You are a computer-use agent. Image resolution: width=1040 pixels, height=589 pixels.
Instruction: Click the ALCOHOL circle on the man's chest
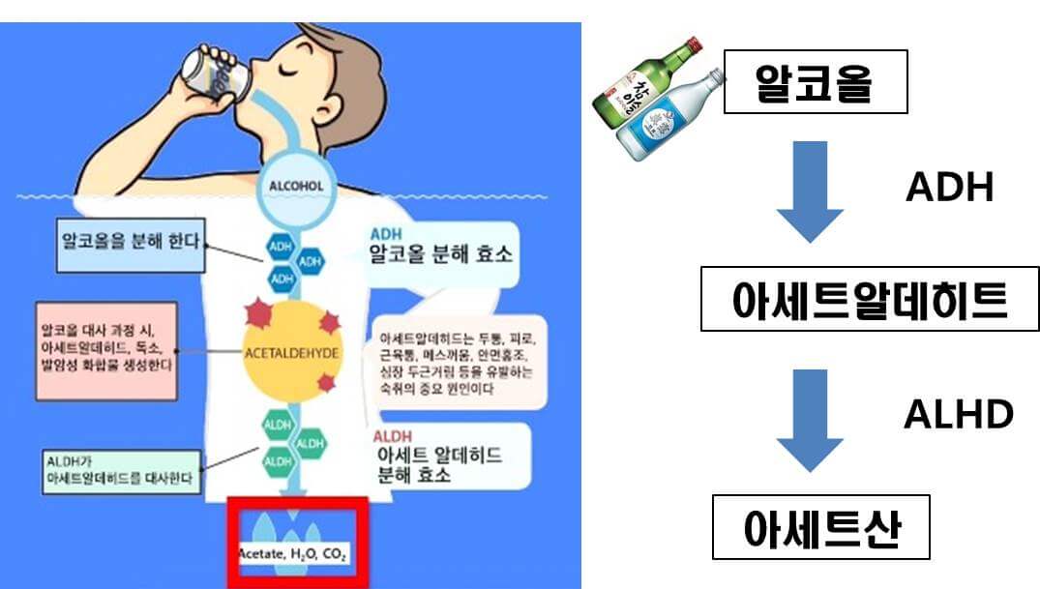[x=296, y=186]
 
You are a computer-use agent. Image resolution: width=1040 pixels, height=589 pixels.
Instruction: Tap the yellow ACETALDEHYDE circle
[x=291, y=354]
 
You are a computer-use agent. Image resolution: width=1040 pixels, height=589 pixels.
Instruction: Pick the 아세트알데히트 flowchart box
[x=869, y=300]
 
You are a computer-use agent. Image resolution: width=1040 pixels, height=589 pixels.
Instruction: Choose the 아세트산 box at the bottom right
[x=820, y=527]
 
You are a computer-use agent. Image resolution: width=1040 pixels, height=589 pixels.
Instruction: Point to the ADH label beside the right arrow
[x=949, y=189]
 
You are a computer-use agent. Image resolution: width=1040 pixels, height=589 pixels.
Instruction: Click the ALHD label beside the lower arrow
[x=958, y=414]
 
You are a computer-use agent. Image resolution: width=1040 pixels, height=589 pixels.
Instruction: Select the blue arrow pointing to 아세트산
[x=810, y=417]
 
